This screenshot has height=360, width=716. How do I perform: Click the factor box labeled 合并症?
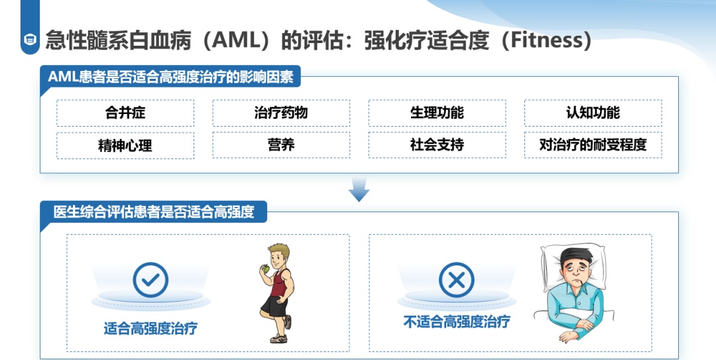[125, 113]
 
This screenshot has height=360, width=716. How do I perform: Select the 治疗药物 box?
[281, 113]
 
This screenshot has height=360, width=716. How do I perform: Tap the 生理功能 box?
[437, 113]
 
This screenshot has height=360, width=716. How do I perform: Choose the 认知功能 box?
[593, 113]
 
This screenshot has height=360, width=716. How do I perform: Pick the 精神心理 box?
[125, 145]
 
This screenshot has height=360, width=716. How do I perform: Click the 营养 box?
[281, 145]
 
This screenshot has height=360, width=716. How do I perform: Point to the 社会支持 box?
[437, 145]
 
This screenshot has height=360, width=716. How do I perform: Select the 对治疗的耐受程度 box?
[593, 145]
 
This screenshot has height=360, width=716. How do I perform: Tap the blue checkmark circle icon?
[150, 280]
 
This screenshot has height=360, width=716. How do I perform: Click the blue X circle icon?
[457, 280]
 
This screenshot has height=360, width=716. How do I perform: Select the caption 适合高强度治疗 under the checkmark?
[150, 328]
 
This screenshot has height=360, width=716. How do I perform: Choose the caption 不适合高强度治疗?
[457, 322]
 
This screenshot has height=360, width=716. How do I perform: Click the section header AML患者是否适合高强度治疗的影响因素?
[170, 77]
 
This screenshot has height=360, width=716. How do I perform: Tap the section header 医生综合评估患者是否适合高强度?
[154, 212]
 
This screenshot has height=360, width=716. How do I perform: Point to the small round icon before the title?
[30, 40]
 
